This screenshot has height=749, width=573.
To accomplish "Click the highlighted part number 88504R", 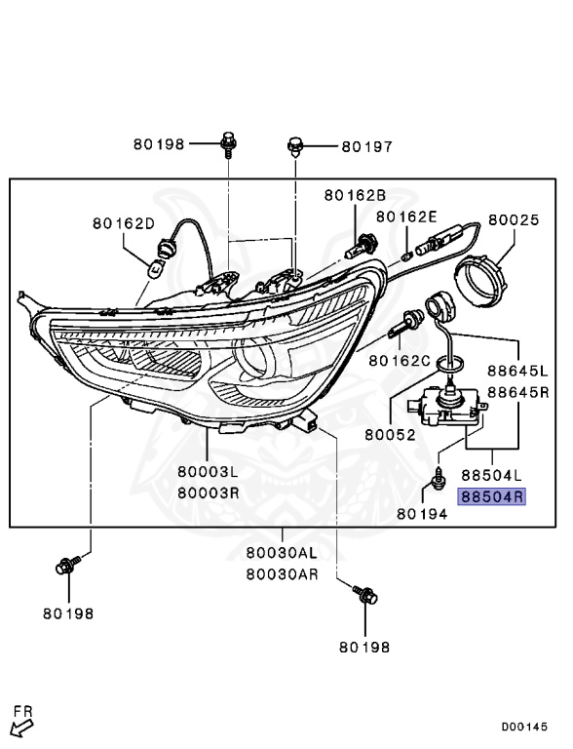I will (492, 496).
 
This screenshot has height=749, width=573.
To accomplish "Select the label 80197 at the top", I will (366, 147).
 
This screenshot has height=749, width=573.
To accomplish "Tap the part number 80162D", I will (124, 223).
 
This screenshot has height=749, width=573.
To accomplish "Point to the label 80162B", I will (355, 195).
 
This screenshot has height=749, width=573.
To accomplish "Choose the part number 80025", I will (513, 220).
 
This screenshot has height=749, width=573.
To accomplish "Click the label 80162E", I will (406, 217).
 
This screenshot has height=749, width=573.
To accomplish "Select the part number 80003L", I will (209, 471).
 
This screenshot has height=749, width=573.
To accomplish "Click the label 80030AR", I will (282, 574).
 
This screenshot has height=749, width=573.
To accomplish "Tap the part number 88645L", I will (518, 373).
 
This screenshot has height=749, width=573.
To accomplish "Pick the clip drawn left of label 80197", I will (294, 147).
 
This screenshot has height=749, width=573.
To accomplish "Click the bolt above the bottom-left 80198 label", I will (68, 565).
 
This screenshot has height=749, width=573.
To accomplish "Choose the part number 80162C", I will (399, 361).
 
